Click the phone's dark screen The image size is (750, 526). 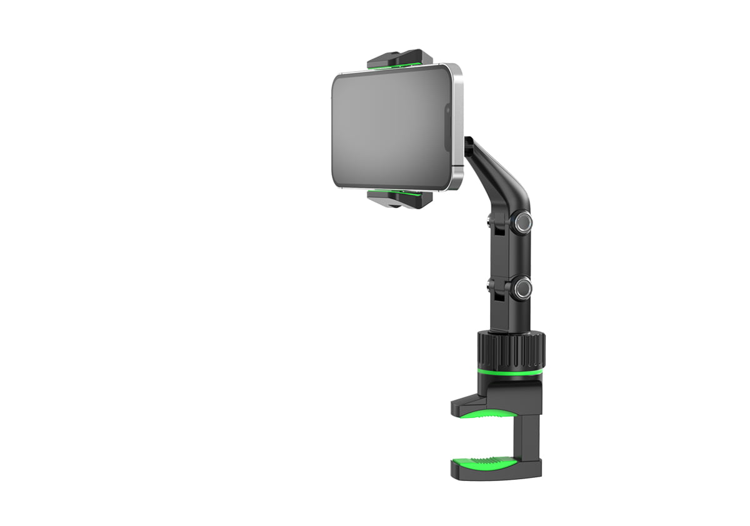tap(387, 128)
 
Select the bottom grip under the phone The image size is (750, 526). tap(400, 200)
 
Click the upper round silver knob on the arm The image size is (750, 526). tap(522, 222)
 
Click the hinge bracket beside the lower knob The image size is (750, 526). tap(495, 289)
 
